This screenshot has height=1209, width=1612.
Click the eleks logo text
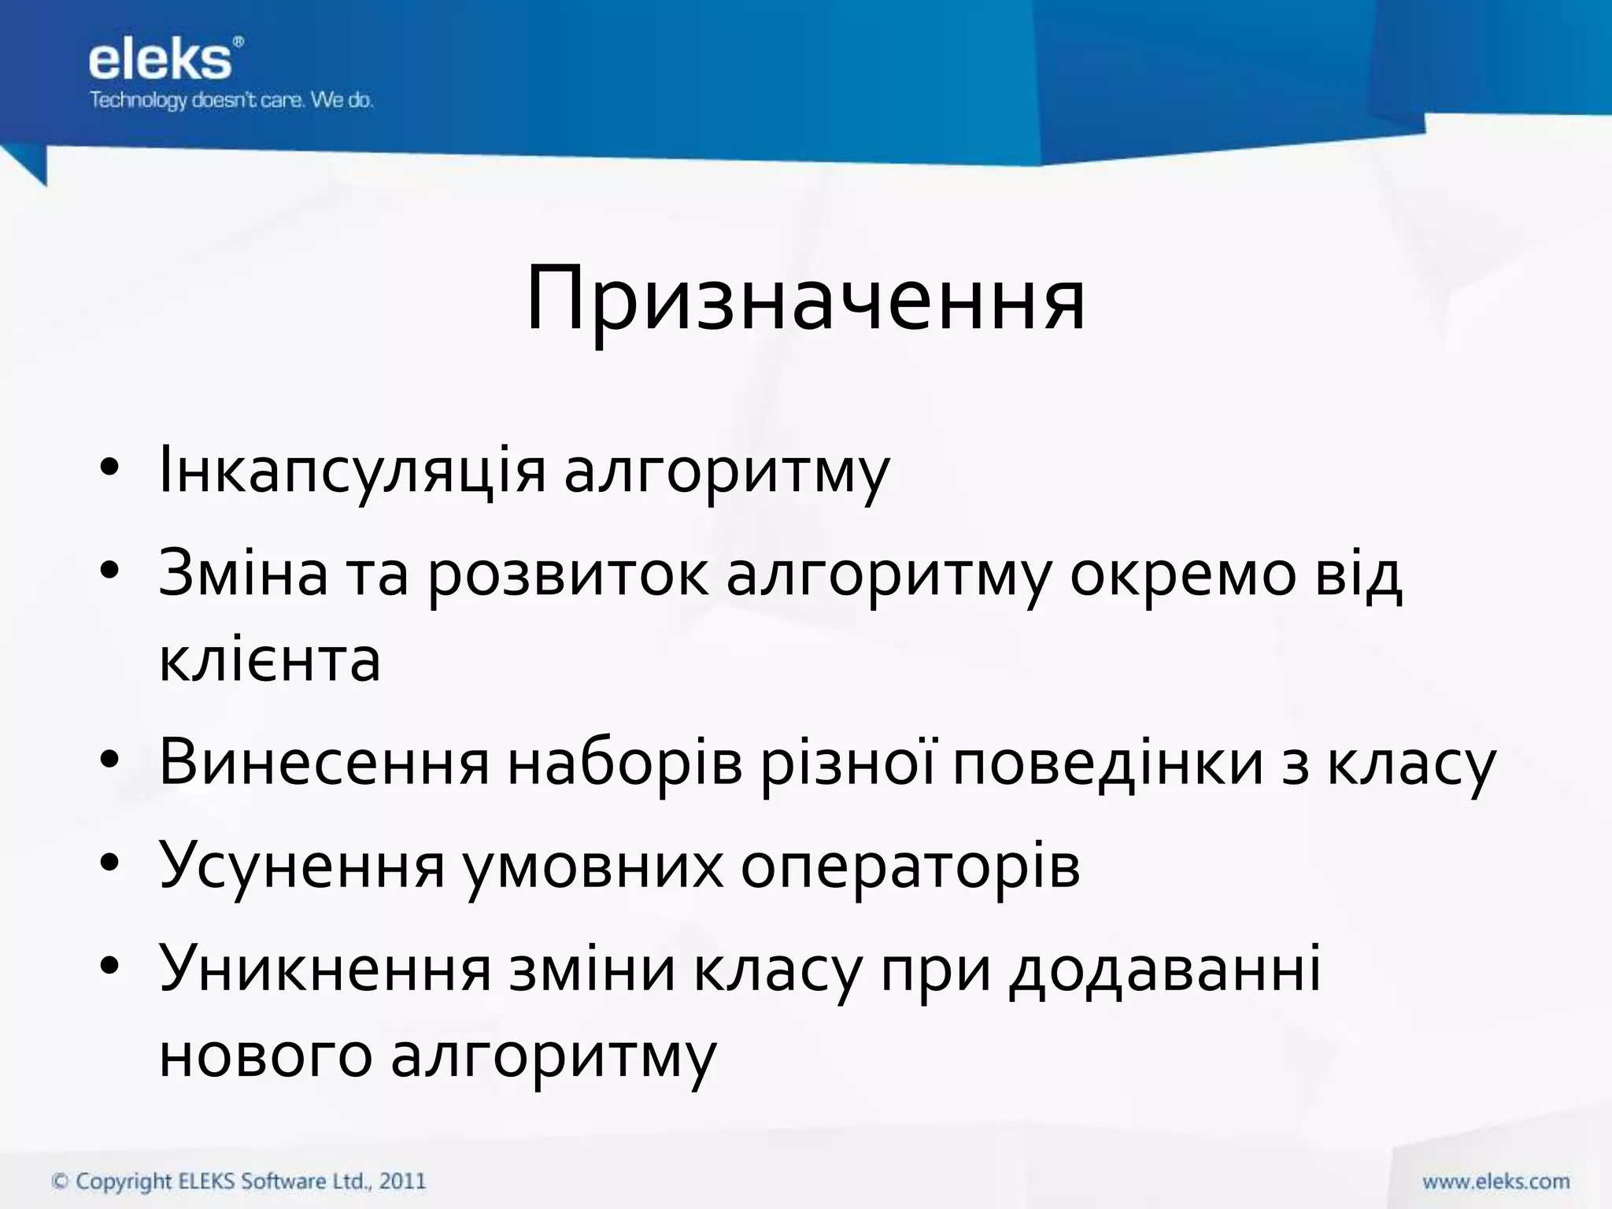161,61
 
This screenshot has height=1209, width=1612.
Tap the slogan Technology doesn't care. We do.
231,101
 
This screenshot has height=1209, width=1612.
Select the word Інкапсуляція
352,471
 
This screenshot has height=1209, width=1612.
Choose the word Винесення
324,762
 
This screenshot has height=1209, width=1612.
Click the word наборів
625,762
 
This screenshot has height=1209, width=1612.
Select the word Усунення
302,866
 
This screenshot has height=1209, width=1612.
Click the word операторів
910,866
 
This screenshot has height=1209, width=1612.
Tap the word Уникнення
324,968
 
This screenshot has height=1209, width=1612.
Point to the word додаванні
1164,968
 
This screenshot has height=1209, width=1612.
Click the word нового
265,1055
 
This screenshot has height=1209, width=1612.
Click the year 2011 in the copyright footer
402,1181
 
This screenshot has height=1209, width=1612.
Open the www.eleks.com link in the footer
1496,1181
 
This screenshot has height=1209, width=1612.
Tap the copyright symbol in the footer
60,1181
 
